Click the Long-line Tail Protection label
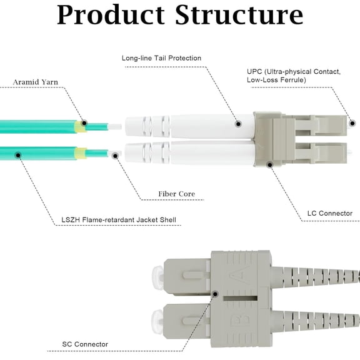[161, 58]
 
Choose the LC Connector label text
[329, 214]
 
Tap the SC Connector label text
[85, 344]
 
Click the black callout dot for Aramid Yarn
[84, 123]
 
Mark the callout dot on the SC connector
[215, 293]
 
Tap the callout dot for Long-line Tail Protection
[237, 124]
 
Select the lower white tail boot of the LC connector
[187, 153]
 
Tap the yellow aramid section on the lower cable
[80, 153]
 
